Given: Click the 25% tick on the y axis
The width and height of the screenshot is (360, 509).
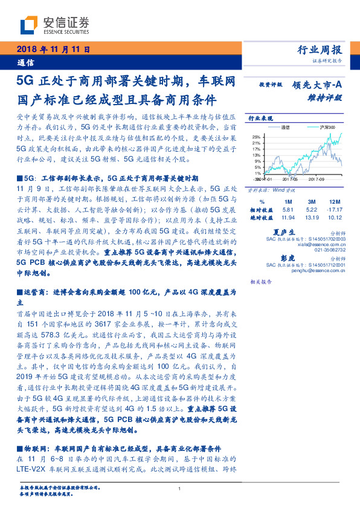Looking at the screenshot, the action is click(x=256, y=136).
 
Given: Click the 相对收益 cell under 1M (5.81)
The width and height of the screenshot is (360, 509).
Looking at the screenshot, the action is click(x=288, y=209).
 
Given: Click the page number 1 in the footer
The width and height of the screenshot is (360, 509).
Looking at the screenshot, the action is click(x=180, y=489).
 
